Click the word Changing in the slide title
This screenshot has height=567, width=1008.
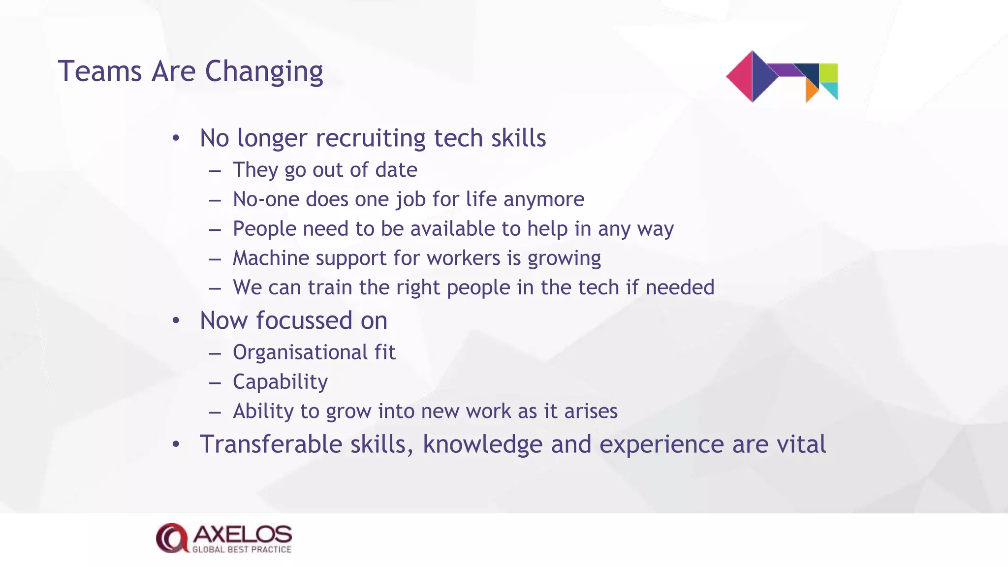264,72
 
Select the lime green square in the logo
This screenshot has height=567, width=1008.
828,72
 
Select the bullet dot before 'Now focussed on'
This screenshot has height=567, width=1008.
176,321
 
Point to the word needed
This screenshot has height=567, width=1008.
680,287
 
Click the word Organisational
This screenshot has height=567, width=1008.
300,352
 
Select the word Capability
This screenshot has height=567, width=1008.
280,382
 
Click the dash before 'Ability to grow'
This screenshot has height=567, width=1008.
215,412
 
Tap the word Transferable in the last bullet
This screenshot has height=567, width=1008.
271,444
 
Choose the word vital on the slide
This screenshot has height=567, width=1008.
801,444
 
